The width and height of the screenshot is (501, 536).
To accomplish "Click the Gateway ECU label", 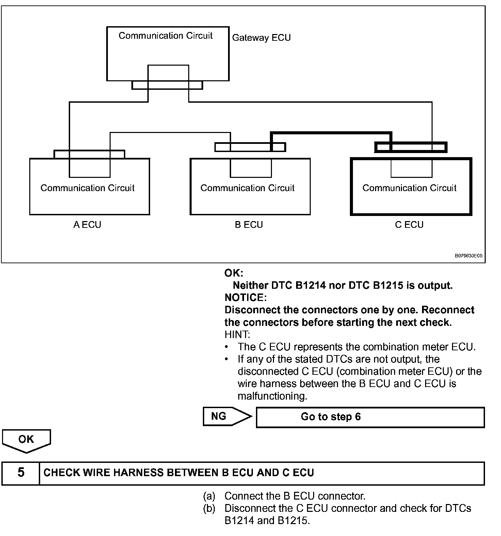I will [261, 38].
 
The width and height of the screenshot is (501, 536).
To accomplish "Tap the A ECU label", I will [87, 225].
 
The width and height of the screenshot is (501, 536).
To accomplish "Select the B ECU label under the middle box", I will [249, 225].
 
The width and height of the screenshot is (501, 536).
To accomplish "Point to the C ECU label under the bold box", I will [409, 225].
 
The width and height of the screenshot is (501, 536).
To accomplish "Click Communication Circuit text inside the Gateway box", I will [165, 36].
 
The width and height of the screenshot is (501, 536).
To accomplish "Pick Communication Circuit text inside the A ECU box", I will [87, 188].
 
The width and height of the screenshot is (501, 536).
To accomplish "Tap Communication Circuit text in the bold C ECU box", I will [409, 188].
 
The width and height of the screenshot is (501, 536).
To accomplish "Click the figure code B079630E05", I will [469, 256].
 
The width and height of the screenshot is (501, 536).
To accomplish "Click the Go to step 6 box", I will [370, 417].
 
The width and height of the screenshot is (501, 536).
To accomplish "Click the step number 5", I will [21, 473].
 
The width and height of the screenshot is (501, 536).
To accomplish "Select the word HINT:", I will [237, 335].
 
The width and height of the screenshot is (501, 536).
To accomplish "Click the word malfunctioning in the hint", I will [272, 396].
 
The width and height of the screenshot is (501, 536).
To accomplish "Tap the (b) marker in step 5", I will [209, 508].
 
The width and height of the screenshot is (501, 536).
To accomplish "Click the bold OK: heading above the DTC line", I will [234, 273].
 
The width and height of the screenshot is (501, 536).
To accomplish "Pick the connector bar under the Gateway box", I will [167, 85].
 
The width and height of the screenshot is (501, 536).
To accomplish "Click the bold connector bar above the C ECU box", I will [410, 147].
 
